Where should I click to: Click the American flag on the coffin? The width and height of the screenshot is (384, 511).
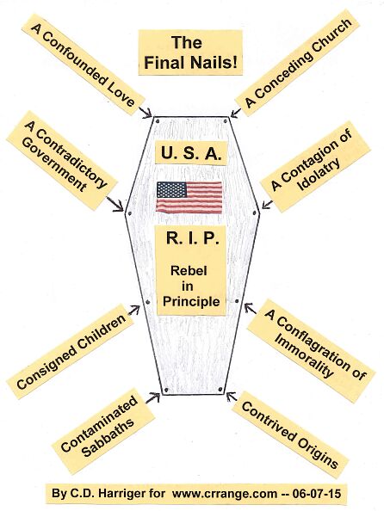coord(189,198)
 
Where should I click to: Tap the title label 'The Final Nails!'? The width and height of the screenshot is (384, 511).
coord(190,52)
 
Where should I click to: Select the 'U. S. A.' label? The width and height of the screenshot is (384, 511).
coord(191,153)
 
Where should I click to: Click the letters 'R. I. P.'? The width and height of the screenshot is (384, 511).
coord(192,238)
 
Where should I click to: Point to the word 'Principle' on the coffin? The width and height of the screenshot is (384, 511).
coord(191,301)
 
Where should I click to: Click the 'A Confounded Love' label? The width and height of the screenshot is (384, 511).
coord(84,65)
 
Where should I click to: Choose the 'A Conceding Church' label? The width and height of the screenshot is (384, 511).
coord(297,63)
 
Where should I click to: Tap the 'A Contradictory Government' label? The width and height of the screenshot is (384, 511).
coord(62,160)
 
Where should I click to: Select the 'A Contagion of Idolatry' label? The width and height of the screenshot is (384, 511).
coord(315,167)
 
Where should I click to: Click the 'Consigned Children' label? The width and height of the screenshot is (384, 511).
coord(71,351)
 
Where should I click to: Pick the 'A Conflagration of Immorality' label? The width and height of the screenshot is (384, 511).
coord(311,351)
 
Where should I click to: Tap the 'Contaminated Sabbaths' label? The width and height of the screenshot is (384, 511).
coord(103,431)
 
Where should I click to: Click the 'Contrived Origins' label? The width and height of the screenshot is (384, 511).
coord(290,434)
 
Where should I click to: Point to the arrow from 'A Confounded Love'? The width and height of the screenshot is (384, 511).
coord(146,112)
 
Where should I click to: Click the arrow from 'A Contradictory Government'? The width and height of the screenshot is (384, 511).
coord(115,204)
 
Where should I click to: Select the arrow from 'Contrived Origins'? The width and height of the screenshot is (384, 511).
coord(232,397)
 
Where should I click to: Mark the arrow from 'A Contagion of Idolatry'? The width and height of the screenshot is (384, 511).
coord(267,205)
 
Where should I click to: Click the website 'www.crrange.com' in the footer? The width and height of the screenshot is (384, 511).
coord(225,494)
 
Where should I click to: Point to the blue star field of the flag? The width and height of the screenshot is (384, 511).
coord(171,189)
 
